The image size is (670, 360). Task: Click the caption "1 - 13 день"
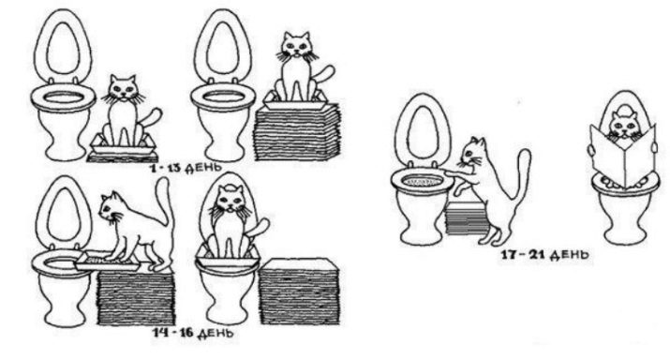[186, 167]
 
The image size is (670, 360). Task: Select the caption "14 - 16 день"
[194, 332]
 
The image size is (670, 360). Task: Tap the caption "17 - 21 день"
[544, 255]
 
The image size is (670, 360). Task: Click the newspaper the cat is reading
[622, 154]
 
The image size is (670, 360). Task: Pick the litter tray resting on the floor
[123, 145]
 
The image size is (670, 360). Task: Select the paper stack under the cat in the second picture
[297, 132]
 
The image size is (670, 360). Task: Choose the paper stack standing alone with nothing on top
[299, 291]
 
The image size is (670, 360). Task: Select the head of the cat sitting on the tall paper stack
[297, 46]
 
